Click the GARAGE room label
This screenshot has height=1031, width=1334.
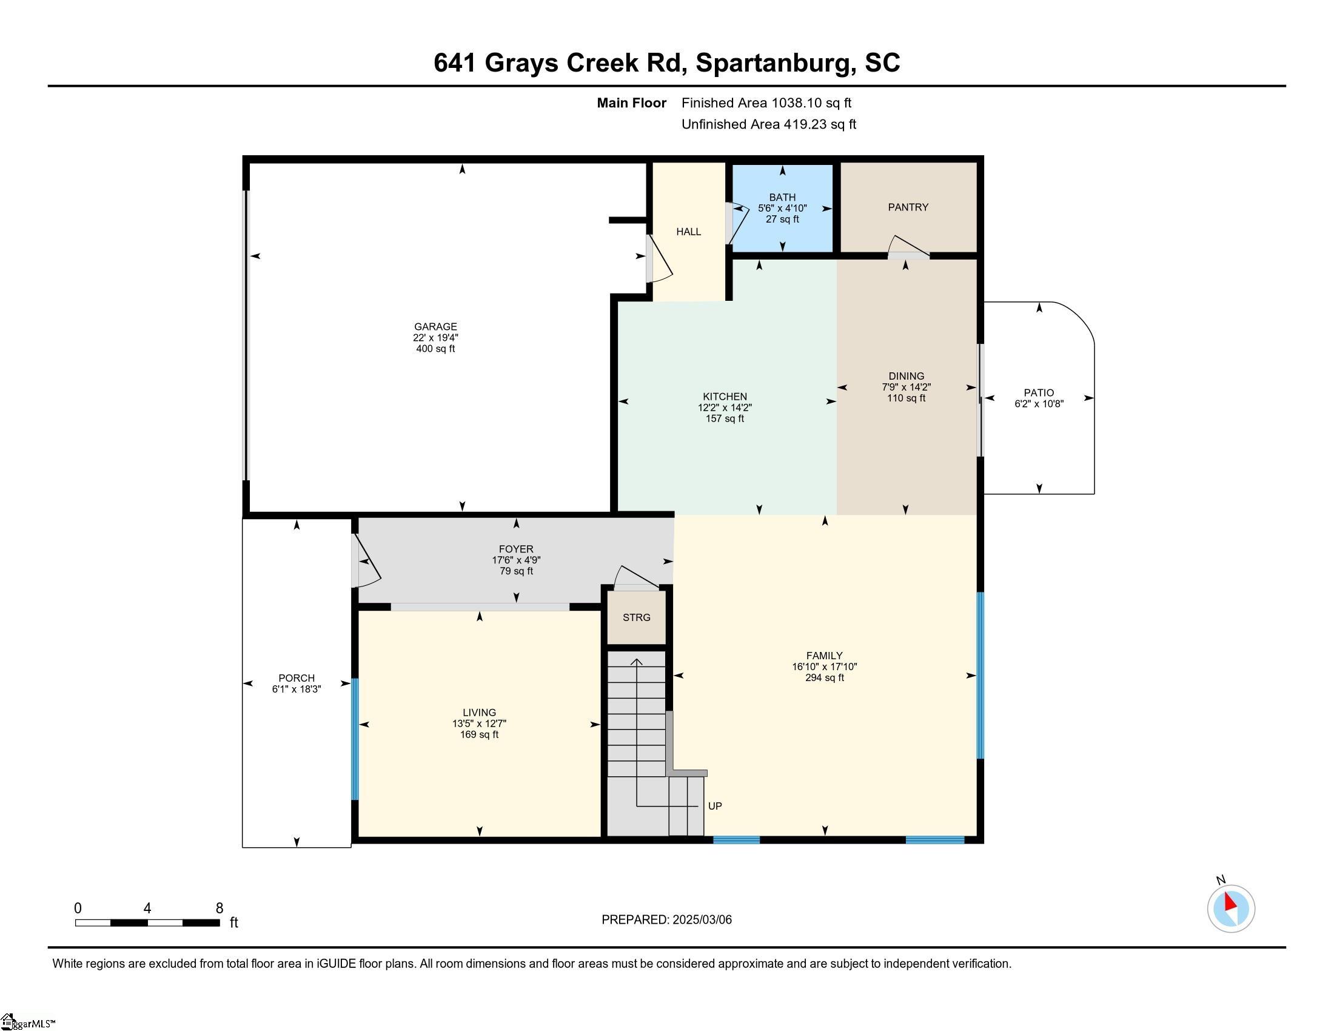coord(435,327)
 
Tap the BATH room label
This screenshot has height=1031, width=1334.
coord(782,197)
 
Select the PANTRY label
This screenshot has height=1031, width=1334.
coord(908,207)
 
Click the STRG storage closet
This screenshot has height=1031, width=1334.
coord(636,617)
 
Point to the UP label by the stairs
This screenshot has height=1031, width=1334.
coord(715,806)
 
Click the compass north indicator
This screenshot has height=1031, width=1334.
coord(1230,908)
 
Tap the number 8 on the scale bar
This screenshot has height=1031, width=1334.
coord(220,908)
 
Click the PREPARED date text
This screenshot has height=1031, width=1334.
coord(666,920)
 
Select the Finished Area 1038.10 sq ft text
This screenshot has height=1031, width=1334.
coord(766,103)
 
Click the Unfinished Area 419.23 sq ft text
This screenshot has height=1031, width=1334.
coord(768,124)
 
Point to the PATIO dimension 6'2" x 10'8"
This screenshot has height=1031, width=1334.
coord(1039,404)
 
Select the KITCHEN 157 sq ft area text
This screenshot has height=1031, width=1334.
coord(725,419)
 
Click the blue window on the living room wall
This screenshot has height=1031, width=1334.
coord(355,739)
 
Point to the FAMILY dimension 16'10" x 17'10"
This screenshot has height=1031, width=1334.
coord(824,667)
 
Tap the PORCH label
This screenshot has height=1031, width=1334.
coord(297,678)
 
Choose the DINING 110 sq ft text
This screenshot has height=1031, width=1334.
coord(906,398)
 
